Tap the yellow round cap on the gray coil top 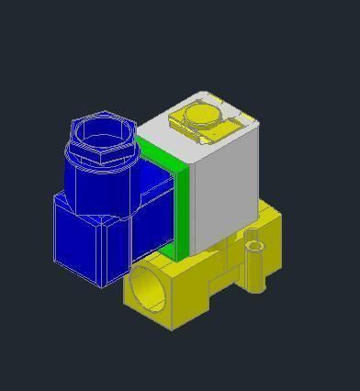[x=201, y=115]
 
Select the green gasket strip [x=180, y=202]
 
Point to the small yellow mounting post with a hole [x=254, y=263]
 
